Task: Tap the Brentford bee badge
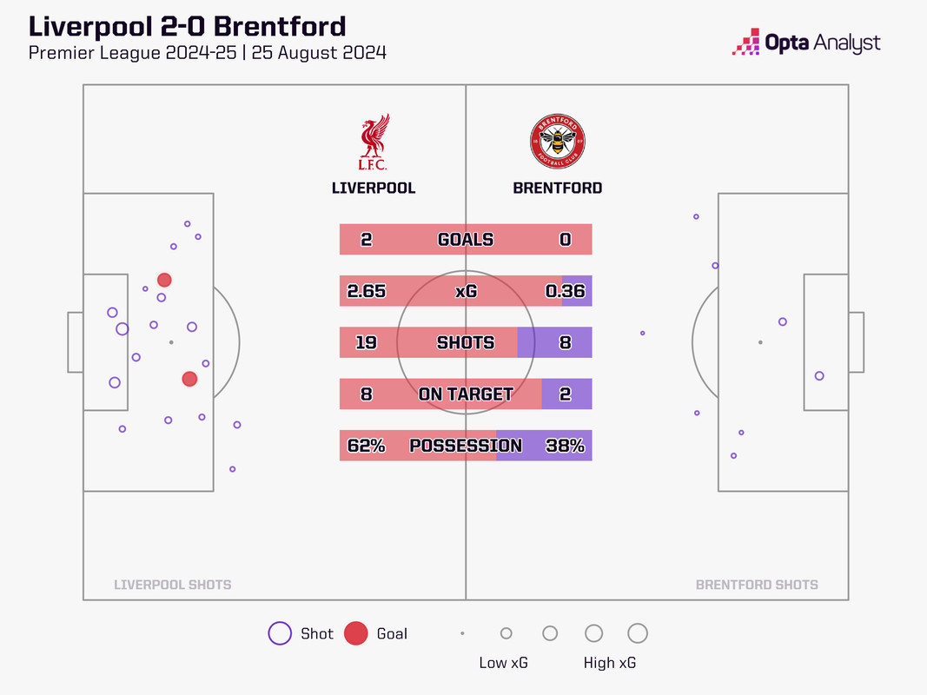pos(558,142)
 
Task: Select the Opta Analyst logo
pos(807,43)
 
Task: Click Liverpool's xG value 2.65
pos(366,292)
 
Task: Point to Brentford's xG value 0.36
pos(565,292)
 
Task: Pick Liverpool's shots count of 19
pos(366,342)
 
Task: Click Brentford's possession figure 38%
pos(565,446)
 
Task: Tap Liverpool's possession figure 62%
pos(366,446)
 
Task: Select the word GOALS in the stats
pos(466,240)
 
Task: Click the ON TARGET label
pos(466,394)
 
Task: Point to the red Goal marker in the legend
pos(356,634)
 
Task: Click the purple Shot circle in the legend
pos(280,634)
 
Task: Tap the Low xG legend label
pos(504,663)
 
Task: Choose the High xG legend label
pos(610,663)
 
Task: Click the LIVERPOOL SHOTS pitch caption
pos(173,585)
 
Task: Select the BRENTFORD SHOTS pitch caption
pos(757,585)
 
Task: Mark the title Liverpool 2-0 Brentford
pos(187,26)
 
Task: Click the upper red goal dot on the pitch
pos(164,280)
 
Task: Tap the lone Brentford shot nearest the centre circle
pos(643,333)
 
